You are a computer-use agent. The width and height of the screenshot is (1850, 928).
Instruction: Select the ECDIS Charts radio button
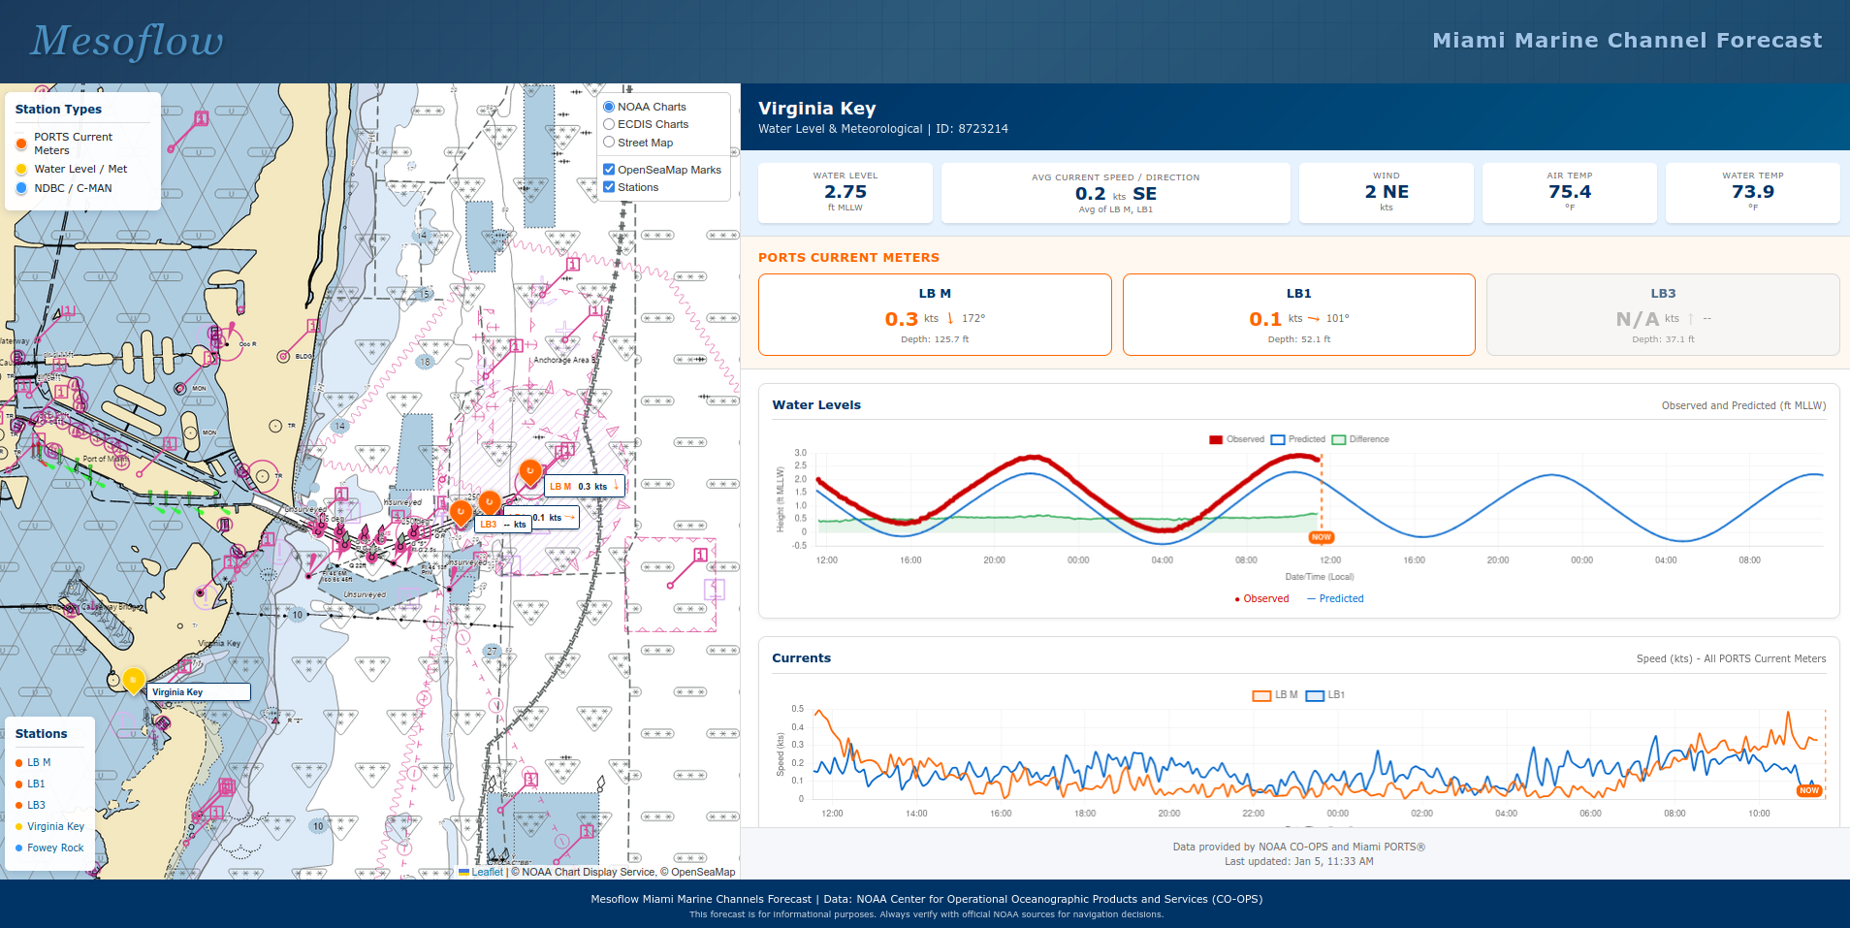(x=609, y=124)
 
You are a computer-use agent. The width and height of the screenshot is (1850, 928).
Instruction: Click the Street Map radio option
(x=609, y=143)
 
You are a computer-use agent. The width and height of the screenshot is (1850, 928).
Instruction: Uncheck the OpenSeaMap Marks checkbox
(x=609, y=170)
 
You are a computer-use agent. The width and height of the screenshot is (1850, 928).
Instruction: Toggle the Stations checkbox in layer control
(x=609, y=187)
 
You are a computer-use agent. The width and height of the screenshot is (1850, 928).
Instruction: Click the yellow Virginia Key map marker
(x=134, y=680)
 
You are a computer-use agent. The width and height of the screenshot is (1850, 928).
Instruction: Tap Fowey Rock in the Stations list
(x=55, y=848)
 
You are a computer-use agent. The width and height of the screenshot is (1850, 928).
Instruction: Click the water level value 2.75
(x=845, y=192)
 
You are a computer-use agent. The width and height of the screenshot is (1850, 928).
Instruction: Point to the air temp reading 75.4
(x=1569, y=192)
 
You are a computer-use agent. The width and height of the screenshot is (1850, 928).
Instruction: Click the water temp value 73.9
(x=1752, y=192)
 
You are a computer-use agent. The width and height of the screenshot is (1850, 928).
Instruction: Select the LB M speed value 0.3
(x=901, y=319)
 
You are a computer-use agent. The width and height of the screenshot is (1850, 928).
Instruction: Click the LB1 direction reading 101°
(x=1337, y=318)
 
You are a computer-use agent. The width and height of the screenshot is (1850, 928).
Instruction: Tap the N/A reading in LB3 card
(x=1637, y=319)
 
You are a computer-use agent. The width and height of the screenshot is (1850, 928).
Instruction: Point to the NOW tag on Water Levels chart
(x=1321, y=537)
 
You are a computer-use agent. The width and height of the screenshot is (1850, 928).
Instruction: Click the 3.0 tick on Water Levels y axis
(x=800, y=453)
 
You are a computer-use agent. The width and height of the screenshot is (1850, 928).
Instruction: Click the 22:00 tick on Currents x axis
(x=1253, y=814)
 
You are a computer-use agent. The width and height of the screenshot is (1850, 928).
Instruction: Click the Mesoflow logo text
(x=127, y=41)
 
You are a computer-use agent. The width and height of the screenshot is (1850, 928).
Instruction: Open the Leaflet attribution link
(x=487, y=872)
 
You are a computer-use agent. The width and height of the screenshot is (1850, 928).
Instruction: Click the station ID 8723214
(x=983, y=129)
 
